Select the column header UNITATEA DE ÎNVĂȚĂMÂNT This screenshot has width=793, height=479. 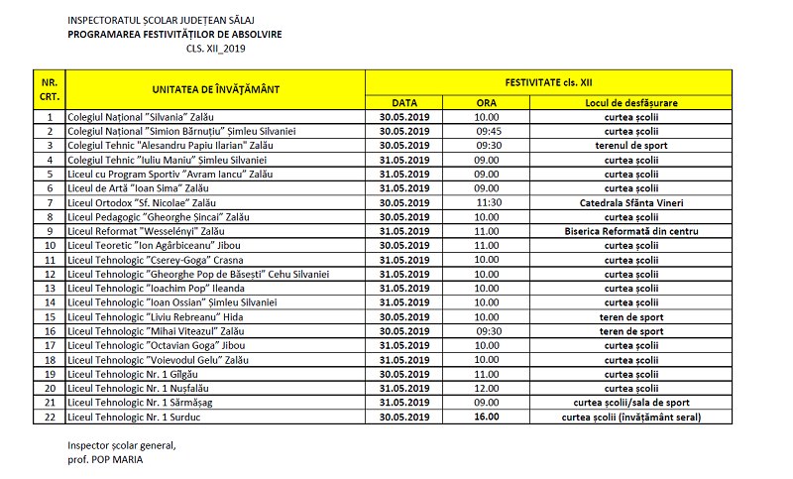[216, 89]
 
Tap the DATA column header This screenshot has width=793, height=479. [404, 102]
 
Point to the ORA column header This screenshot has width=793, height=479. [486, 102]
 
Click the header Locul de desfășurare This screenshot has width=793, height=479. [631, 102]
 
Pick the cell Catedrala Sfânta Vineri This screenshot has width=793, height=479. [631, 202]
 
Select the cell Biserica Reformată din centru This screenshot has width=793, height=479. [631, 231]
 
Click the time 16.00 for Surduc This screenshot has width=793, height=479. [486, 418]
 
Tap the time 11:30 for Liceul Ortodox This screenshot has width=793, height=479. [492, 202]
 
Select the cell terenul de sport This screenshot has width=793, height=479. [631, 145]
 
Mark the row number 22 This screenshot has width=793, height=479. [49, 418]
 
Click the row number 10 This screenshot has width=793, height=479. [49, 245]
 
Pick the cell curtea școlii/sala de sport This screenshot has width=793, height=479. [631, 403]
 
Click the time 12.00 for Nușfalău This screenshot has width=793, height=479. [486, 389]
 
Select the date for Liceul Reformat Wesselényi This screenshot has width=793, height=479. [404, 231]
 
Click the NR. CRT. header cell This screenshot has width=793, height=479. [49, 89]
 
